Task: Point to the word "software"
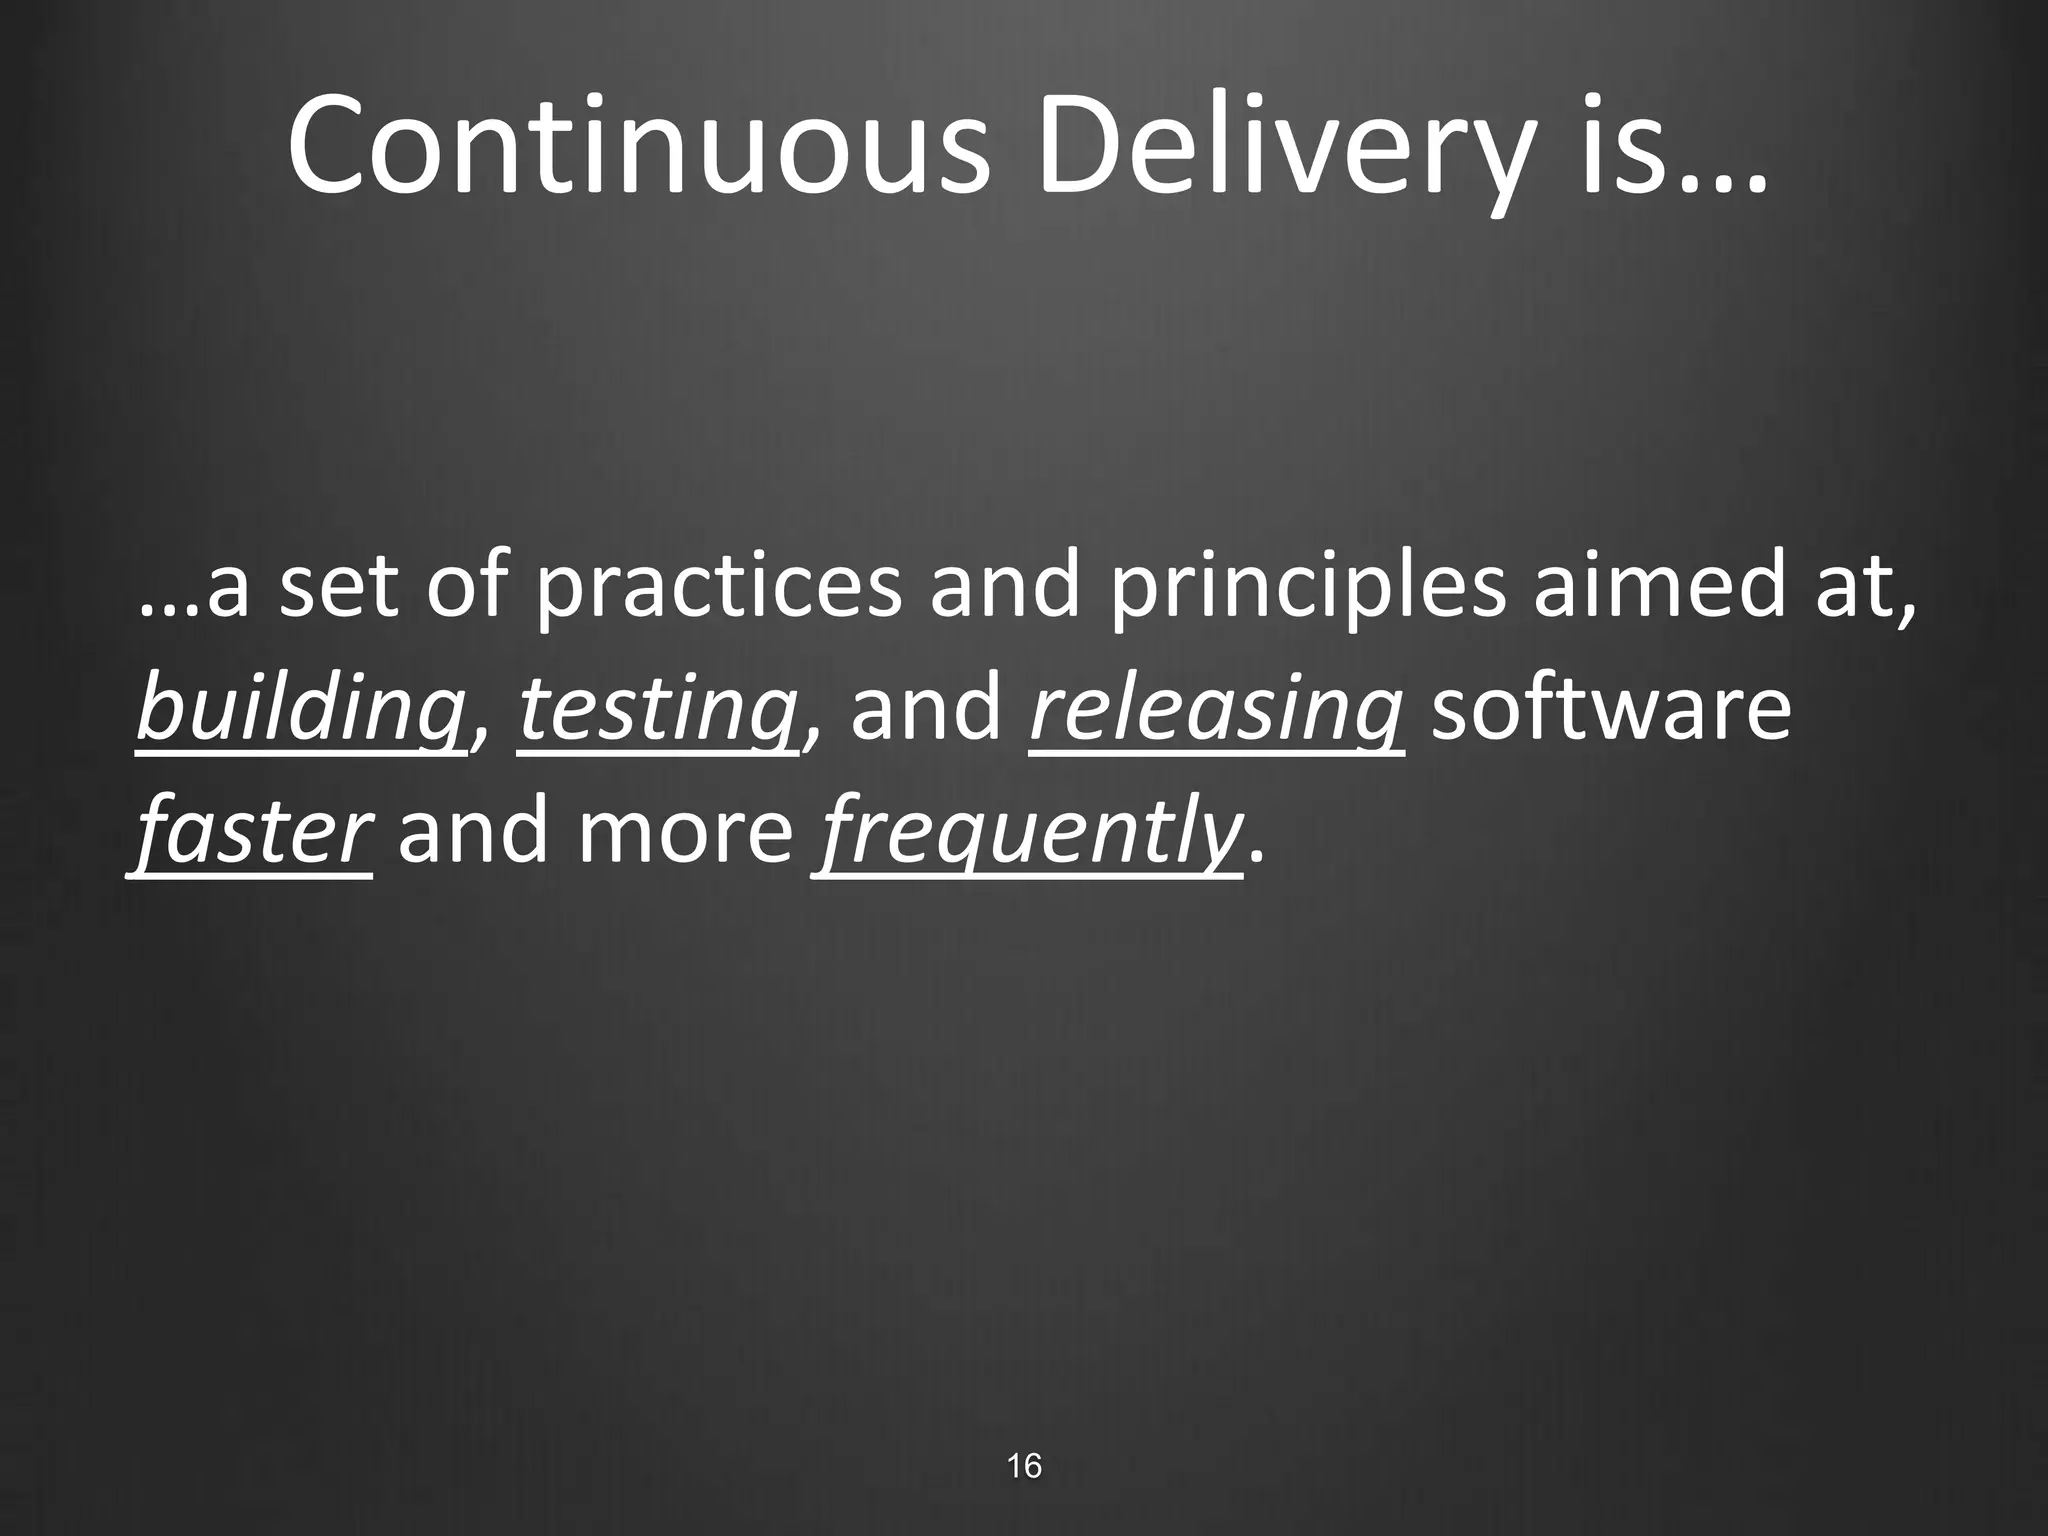(x=1610, y=710)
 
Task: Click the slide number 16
(x=1024, y=1466)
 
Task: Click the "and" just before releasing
(x=926, y=710)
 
